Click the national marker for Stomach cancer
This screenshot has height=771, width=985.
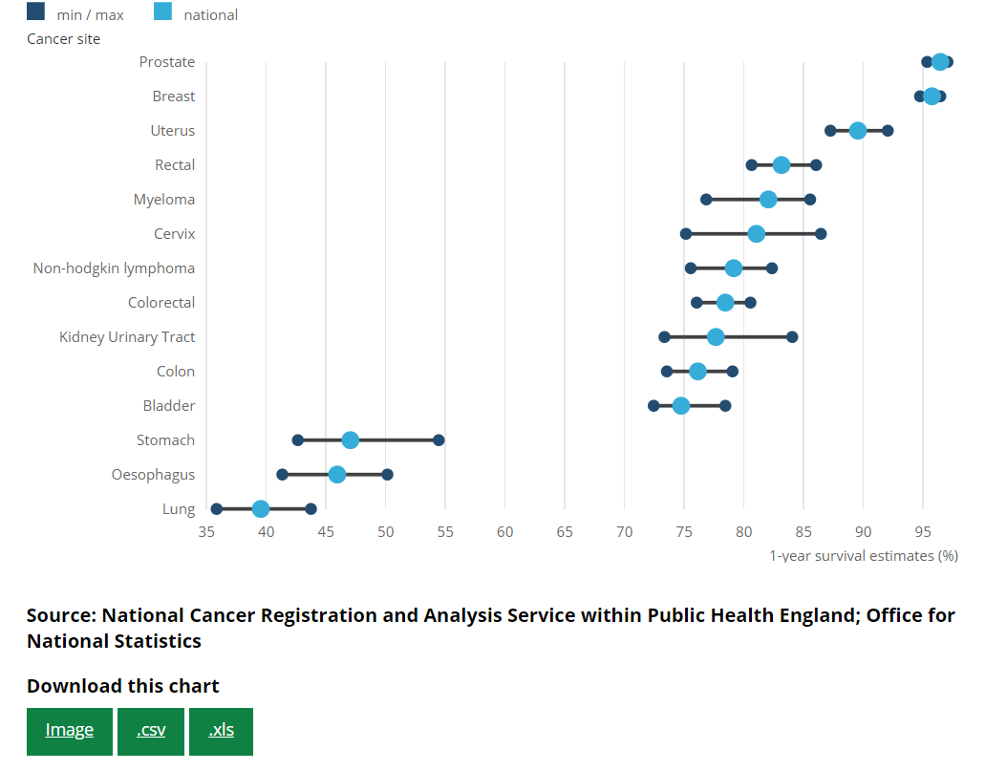click(351, 440)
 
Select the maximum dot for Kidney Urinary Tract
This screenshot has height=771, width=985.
click(792, 337)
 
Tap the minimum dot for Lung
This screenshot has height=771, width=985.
click(217, 509)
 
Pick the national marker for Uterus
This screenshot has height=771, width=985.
click(858, 131)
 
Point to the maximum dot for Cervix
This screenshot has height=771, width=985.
click(821, 234)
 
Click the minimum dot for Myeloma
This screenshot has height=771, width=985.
click(706, 200)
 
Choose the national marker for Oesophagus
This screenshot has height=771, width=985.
click(337, 475)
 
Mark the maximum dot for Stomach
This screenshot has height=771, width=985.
click(439, 440)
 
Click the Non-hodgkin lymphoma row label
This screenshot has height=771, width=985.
click(114, 268)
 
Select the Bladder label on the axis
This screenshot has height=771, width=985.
click(169, 406)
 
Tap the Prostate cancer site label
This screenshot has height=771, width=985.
click(167, 62)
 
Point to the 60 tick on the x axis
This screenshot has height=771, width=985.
click(505, 531)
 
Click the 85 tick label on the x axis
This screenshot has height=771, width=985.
click(803, 531)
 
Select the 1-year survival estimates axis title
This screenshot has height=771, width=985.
click(864, 555)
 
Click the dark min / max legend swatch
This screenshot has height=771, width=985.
click(35, 12)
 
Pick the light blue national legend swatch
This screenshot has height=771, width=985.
click(162, 12)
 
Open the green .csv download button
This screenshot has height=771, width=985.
click(151, 731)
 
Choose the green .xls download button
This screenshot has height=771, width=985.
click(221, 731)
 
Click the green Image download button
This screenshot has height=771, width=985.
click(70, 731)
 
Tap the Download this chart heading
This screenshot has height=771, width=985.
click(123, 686)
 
